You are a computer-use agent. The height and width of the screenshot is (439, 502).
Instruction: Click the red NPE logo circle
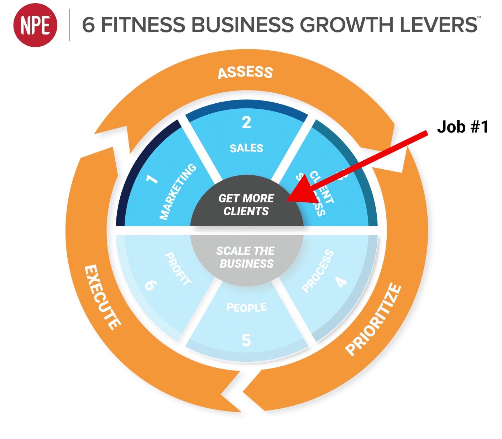tap(35, 25)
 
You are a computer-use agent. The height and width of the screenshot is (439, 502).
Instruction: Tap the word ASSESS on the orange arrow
tap(245, 72)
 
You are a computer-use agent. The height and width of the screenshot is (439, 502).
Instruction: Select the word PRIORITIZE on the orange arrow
tap(373, 319)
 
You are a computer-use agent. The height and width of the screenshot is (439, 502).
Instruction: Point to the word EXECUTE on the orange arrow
tap(103, 297)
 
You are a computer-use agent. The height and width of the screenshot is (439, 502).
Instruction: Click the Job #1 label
tap(462, 126)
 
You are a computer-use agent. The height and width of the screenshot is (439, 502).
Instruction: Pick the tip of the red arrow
tap(288, 201)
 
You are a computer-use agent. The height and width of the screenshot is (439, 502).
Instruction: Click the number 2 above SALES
tap(246, 123)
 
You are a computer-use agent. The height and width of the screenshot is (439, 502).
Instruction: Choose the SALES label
tap(246, 148)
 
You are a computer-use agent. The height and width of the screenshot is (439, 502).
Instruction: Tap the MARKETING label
tap(178, 192)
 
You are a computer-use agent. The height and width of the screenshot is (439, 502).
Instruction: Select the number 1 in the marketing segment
tap(152, 178)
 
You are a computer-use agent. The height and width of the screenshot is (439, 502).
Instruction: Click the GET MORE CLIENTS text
tap(246, 205)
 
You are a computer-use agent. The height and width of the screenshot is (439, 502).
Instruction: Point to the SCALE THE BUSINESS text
tap(246, 257)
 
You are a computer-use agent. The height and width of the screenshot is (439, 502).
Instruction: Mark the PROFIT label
tap(178, 269)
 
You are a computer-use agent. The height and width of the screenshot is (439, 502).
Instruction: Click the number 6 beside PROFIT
tap(151, 285)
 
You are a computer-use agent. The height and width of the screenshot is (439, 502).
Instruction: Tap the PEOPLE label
tap(247, 307)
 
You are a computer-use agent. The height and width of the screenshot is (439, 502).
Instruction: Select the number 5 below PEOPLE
tap(246, 340)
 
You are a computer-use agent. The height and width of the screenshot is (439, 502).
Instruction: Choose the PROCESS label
tap(318, 272)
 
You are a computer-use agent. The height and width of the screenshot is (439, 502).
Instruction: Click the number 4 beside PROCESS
tap(341, 282)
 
